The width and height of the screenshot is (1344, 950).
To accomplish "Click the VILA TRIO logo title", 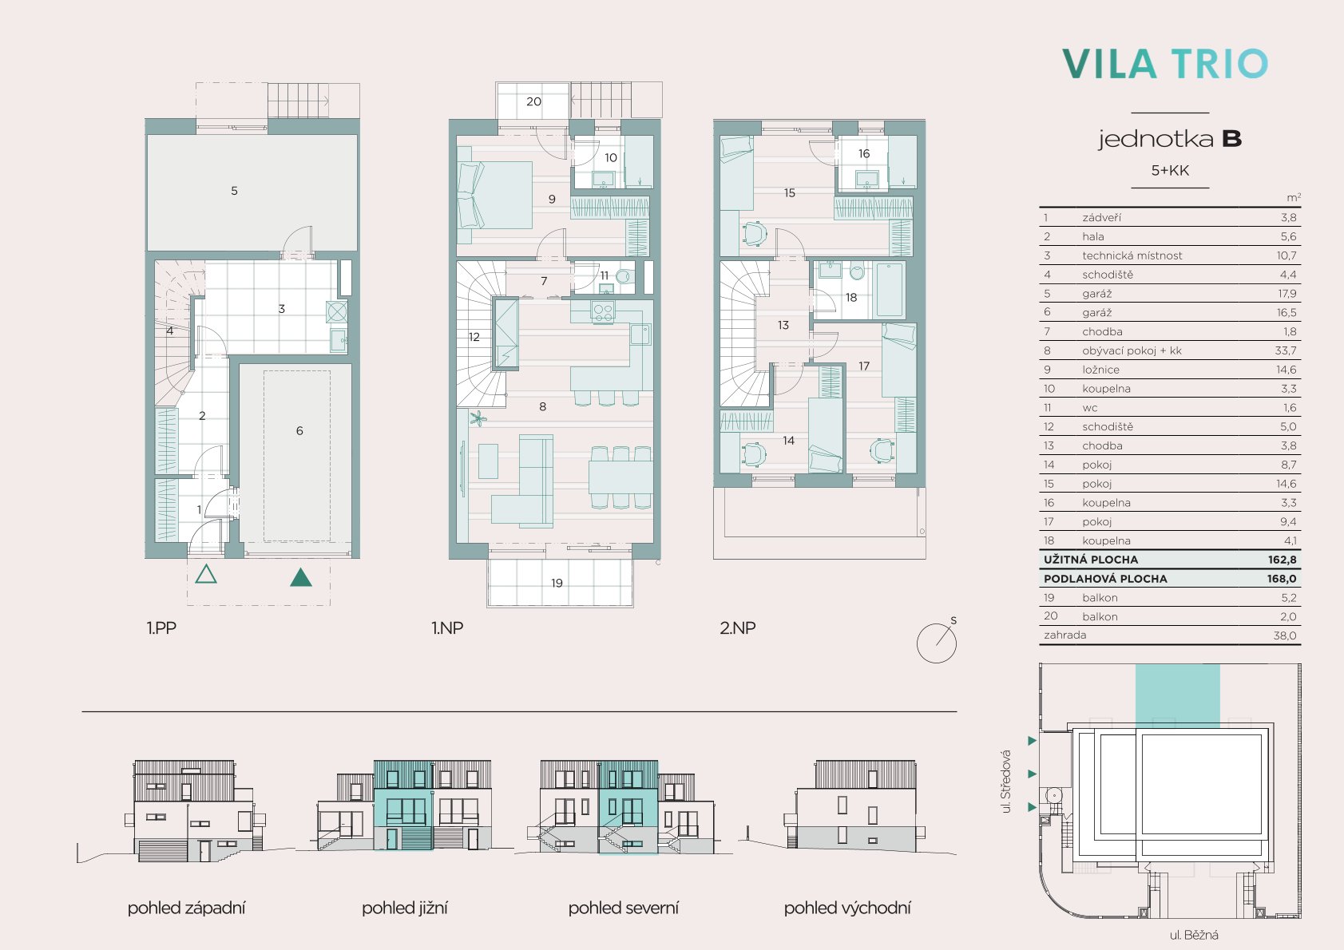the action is point(1164,64).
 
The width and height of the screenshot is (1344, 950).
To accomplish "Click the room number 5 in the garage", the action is point(234,191).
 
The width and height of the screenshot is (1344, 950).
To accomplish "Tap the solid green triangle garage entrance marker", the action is point(300,577).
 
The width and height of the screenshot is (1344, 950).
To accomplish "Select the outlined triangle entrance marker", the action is point(206,574).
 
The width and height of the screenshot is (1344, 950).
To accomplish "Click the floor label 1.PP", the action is point(161,628).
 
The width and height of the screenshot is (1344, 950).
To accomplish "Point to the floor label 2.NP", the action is point(737,628).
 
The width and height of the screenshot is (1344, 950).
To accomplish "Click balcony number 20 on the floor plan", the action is point(533,102).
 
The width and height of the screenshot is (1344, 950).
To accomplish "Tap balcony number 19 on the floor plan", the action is point(557,583).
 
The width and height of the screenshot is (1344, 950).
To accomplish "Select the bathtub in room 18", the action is point(890,290).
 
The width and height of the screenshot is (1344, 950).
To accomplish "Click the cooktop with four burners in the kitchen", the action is point(602,311).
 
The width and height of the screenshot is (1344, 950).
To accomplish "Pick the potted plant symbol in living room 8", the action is point(478,418).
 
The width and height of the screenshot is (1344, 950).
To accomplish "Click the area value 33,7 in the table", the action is point(1287,350).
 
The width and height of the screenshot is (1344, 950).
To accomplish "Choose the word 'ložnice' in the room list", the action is point(1100,370).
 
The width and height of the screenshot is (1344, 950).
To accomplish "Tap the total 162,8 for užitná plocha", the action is point(1283,560).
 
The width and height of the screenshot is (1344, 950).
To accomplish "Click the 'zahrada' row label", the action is point(1065,635).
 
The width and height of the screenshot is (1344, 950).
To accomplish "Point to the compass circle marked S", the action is point(937,643).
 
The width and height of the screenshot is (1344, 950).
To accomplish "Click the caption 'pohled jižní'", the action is point(404,908).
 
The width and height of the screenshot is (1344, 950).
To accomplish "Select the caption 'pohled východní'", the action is point(847,908).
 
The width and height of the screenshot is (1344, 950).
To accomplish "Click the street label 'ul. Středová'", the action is point(1006,782).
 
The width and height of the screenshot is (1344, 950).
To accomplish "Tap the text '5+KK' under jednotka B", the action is point(1170,170).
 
